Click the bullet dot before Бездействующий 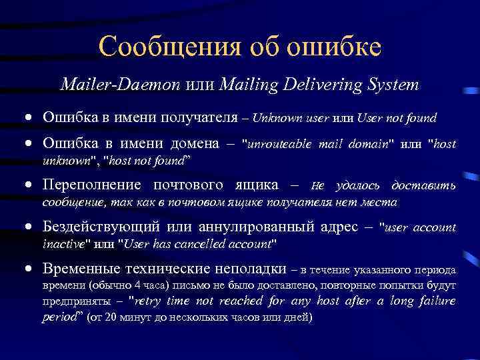[30, 228]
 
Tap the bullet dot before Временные [30, 270]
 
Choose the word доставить [423, 185]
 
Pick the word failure [437, 301]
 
